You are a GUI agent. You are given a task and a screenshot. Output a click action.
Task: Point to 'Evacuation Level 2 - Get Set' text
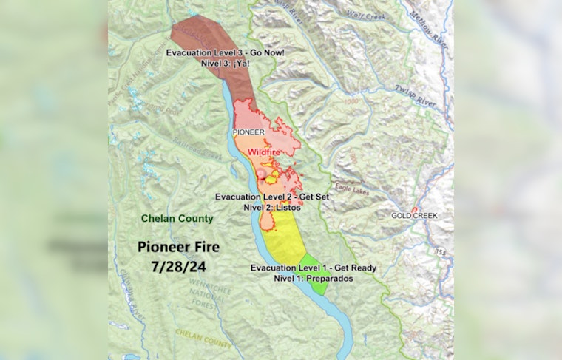tap(271, 197)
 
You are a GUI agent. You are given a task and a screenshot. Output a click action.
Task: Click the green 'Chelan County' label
tap(178, 218)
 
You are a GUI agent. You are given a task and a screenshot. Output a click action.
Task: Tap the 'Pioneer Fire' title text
tap(182, 246)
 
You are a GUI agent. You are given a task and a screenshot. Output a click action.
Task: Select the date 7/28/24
tap(180, 263)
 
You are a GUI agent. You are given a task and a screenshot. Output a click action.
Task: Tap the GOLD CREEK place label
tap(415, 216)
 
